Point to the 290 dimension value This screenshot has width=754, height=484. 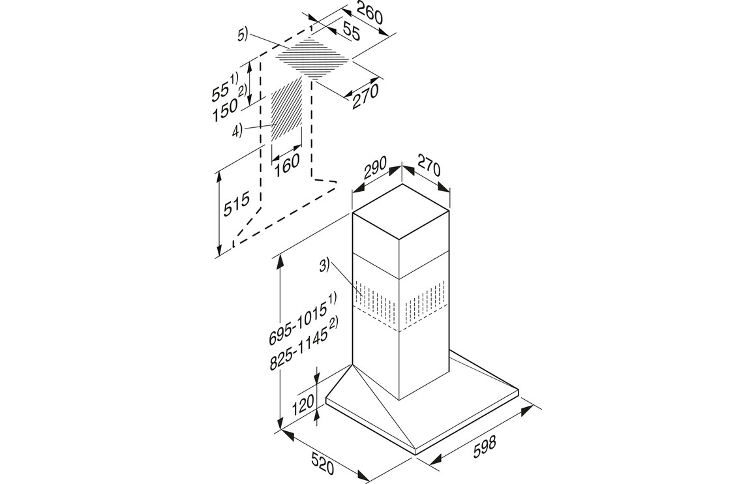pyautogui.click(x=373, y=170)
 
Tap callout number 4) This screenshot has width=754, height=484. pyautogui.click(x=237, y=129)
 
